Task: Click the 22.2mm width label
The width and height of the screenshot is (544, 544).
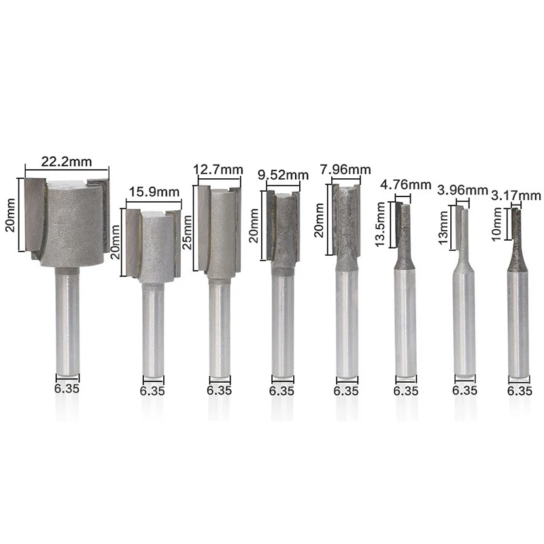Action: point(67,162)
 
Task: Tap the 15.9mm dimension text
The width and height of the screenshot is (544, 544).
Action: point(154,192)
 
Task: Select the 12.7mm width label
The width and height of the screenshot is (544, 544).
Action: point(218,170)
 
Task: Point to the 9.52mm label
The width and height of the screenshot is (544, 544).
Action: point(283,175)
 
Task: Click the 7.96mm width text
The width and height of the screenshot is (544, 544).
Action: point(345,169)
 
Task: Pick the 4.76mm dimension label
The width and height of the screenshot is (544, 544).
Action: point(405,184)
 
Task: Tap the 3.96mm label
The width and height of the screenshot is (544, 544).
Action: point(463,190)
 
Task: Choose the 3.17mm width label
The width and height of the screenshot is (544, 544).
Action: point(517,196)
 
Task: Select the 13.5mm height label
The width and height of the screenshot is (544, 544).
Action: point(381,224)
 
